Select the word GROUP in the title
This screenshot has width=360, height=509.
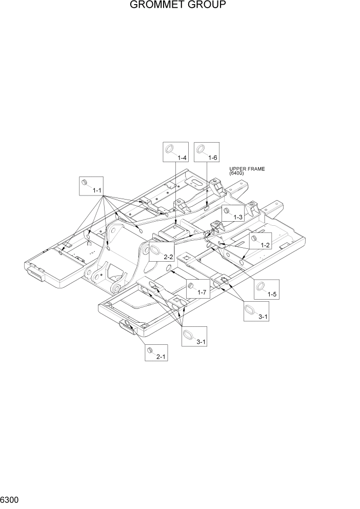(x=208, y=6)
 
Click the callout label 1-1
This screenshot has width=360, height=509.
(x=97, y=190)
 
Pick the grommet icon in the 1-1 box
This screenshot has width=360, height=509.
(x=85, y=183)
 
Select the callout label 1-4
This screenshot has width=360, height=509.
(x=182, y=158)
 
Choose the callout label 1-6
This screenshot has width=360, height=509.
(x=213, y=158)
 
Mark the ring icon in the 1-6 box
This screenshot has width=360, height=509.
(x=201, y=149)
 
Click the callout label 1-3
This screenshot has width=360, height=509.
(x=238, y=218)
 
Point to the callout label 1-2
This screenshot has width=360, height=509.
(x=265, y=245)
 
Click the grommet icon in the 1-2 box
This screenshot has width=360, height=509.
(x=253, y=239)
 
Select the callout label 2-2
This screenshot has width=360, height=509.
(x=168, y=257)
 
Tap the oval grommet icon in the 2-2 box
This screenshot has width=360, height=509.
(x=155, y=250)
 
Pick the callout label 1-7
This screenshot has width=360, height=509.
(x=202, y=292)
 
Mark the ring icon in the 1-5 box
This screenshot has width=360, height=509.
(x=261, y=286)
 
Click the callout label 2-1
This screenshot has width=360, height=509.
(x=161, y=356)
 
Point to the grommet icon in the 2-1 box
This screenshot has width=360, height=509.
(x=150, y=350)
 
